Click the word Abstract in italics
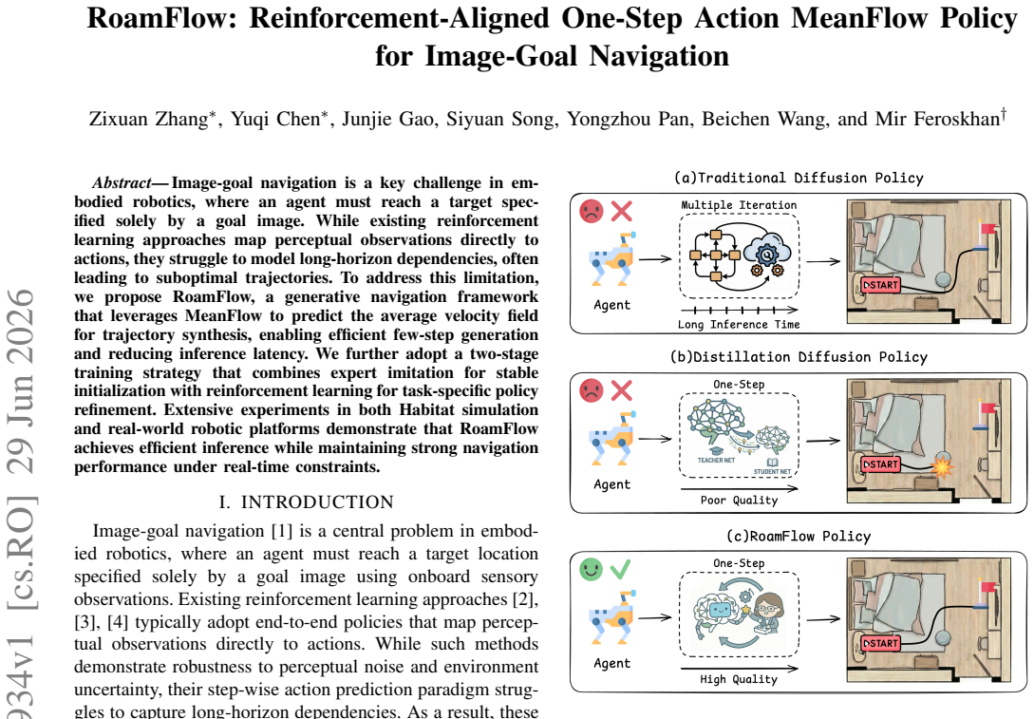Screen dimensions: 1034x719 coord(122,182)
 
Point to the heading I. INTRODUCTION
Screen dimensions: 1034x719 coord(306,502)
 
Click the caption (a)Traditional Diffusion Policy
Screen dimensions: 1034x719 coord(799,178)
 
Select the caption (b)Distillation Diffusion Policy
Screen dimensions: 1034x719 coord(799,357)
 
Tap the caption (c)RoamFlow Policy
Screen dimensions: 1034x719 coord(799,537)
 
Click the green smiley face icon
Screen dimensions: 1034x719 coord(591,569)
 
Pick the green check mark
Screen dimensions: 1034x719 coord(620,569)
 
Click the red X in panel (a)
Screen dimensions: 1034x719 coord(621,211)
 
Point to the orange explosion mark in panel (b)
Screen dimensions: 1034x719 coord(942,466)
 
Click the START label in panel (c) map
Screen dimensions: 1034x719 coord(881,643)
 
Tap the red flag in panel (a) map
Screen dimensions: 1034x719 coord(987,230)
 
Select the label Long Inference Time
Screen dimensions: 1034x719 coord(739,325)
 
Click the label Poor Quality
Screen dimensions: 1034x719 coord(739,500)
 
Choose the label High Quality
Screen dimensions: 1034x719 coord(739,679)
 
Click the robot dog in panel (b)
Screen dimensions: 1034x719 coord(612,440)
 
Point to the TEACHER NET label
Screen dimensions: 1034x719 coord(716,460)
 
